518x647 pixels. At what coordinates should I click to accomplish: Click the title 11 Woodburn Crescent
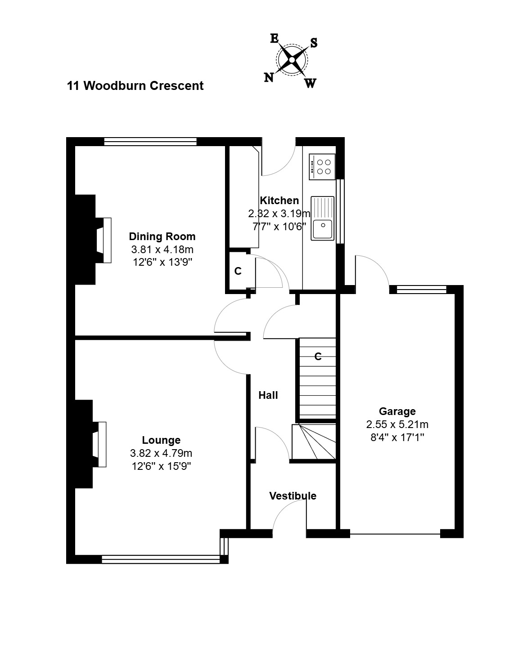tap(135, 86)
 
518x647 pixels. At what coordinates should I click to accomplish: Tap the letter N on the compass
tap(269, 78)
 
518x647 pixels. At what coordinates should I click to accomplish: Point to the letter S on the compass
tap(314, 43)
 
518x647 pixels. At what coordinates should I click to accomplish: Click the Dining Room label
tap(162, 236)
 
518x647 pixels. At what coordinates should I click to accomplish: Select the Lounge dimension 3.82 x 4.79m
tap(161, 453)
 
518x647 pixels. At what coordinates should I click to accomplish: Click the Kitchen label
tap(279, 200)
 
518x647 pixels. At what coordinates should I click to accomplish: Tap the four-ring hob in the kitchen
tap(322, 167)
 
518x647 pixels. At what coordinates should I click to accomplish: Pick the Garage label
tap(397, 411)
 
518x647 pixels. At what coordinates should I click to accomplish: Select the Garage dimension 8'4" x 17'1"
tap(397, 437)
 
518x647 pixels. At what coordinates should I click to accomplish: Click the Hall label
tap(268, 395)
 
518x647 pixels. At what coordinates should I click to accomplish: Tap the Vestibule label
tap(293, 496)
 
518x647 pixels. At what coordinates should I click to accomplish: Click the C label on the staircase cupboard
tap(318, 356)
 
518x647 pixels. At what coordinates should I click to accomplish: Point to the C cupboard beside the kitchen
tap(238, 271)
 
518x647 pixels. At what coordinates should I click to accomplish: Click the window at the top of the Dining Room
tap(150, 142)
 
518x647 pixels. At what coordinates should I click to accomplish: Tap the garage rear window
tap(421, 290)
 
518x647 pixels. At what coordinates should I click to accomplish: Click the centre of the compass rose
tap(292, 60)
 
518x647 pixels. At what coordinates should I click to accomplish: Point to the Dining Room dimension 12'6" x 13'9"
tap(162, 262)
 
